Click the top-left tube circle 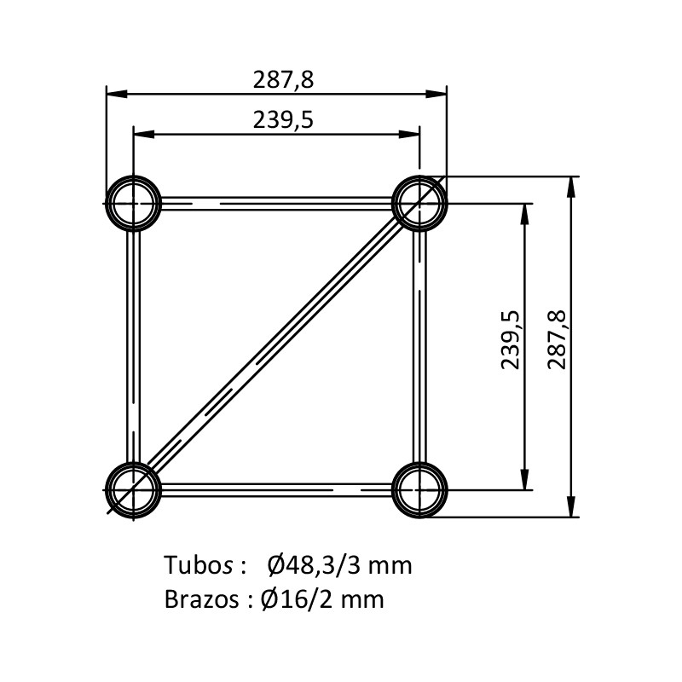(134, 177)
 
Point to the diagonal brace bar (276, 347)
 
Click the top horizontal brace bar (276, 203)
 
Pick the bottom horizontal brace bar (276, 489)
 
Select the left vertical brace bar (134, 347)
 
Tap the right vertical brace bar (419, 347)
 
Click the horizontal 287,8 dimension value (283, 80)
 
